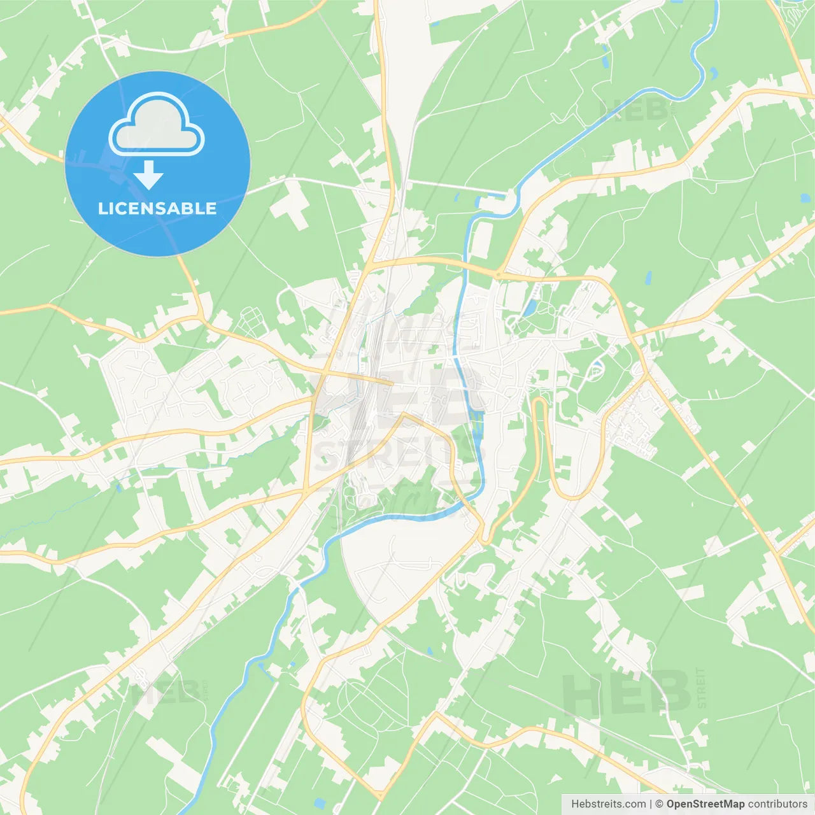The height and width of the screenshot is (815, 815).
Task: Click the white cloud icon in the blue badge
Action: pyautogui.click(x=157, y=124)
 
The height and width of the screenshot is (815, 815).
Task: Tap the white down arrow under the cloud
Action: pyautogui.click(x=149, y=175)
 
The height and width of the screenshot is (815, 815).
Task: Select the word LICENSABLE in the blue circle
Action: pyautogui.click(x=157, y=208)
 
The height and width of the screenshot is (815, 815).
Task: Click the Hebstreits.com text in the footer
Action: pyautogui.click(x=608, y=804)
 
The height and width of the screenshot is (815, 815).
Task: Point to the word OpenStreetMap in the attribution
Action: pyautogui.click(x=705, y=804)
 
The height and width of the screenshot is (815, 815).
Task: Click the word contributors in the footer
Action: pyautogui.click(x=777, y=804)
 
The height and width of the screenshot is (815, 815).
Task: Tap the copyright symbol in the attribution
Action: pyautogui.click(x=659, y=804)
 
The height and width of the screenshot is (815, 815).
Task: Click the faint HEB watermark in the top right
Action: pyautogui.click(x=634, y=110)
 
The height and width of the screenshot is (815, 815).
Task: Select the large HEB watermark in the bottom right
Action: pyautogui.click(x=627, y=693)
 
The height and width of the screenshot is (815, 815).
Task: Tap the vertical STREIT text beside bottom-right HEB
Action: pyautogui.click(x=702, y=688)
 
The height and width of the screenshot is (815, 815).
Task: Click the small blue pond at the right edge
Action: pyautogui.click(x=806, y=198)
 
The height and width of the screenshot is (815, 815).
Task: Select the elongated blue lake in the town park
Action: pyautogui.click(x=529, y=307)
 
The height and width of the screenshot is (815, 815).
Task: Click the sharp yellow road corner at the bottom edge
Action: pyautogui.click(x=380, y=796)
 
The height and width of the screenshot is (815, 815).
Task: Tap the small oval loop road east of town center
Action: pyautogui.click(x=597, y=368)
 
